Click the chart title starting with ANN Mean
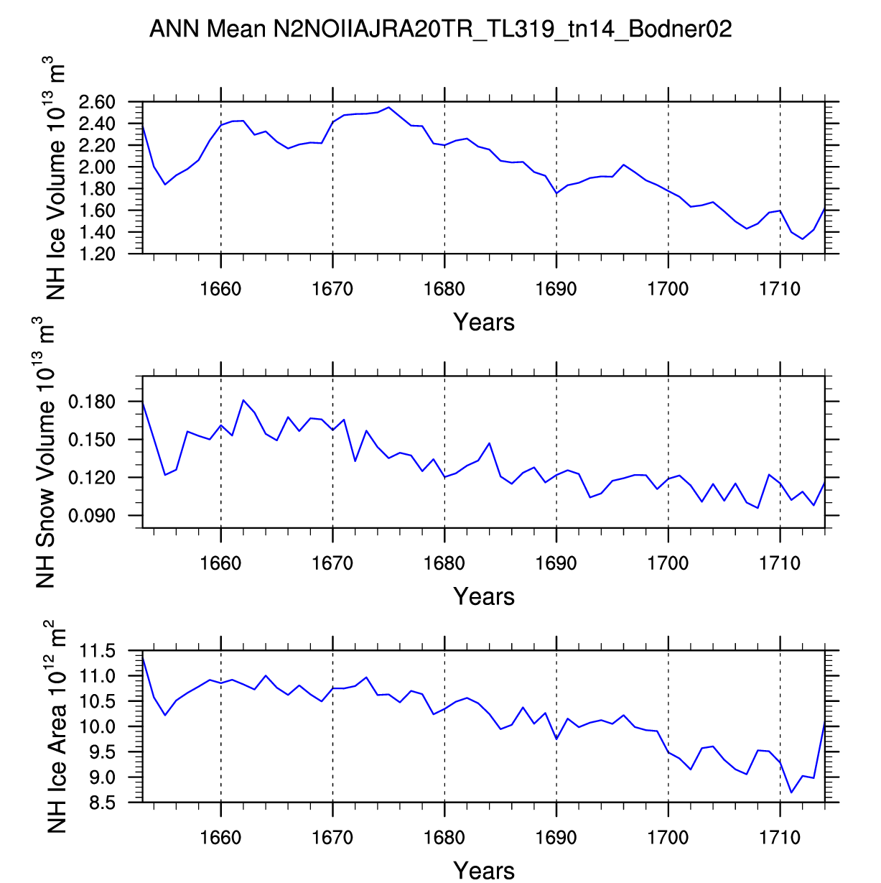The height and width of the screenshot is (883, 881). click(440, 29)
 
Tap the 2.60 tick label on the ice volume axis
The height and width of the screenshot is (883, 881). click(97, 102)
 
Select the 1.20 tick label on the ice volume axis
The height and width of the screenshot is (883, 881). click(97, 254)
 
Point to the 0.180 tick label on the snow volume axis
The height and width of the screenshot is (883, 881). click(92, 402)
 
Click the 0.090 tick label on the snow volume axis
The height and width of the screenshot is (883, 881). click(92, 516)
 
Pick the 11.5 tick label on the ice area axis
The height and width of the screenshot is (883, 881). click(97, 651)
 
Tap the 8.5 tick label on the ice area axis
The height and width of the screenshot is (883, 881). click(102, 803)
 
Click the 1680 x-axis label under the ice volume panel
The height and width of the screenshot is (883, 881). click(444, 289)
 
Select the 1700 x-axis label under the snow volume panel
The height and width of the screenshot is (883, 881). click(668, 563)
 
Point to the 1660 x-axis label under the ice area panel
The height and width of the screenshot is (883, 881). click(221, 838)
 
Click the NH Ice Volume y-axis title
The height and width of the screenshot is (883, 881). click(55, 177)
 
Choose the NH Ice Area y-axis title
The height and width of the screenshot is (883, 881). click(57, 727)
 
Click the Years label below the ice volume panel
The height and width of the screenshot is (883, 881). click(484, 322)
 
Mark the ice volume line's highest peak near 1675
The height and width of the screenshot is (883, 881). click(388, 107)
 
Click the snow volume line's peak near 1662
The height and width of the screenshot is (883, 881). click(243, 400)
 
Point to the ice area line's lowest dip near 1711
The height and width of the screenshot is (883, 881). click(791, 792)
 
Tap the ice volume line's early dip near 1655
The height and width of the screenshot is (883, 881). click(165, 184)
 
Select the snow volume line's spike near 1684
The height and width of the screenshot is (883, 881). click(489, 443)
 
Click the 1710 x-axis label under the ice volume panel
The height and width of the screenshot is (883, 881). click(780, 289)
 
